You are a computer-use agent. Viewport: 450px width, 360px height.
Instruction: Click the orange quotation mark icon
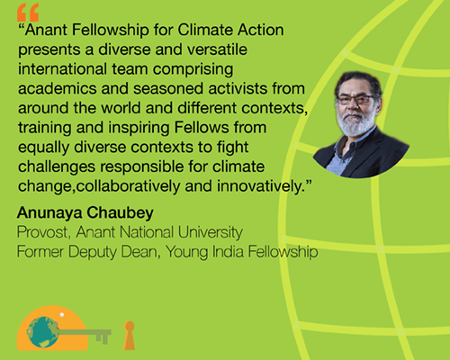28,13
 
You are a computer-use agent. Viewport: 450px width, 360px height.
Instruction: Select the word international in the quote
62,69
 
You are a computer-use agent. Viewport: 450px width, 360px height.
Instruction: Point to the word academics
57,88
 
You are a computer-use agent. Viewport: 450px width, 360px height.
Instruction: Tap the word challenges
57,166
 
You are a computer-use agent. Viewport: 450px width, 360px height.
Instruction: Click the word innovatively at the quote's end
261,186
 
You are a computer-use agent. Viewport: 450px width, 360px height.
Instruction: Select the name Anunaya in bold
49,213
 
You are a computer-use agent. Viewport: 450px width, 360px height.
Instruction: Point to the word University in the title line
211,232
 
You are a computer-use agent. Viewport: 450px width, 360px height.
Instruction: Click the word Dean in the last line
141,252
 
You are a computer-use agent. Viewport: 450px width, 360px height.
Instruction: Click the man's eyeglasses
355,99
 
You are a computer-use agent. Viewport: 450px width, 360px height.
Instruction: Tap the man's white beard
355,123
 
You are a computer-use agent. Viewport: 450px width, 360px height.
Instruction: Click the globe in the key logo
42,332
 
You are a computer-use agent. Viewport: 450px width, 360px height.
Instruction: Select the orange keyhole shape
130,336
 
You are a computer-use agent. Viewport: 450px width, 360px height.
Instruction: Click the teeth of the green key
103,338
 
